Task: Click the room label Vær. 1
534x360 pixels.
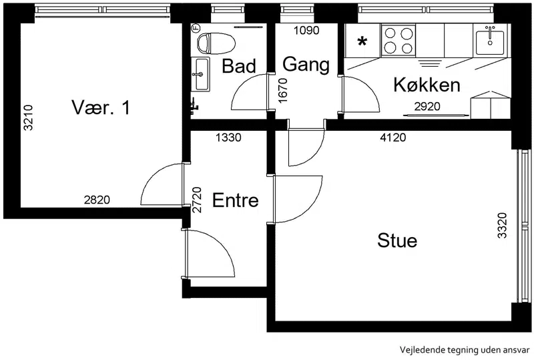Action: pyautogui.click(x=101, y=108)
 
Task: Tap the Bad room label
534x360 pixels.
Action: pyautogui.click(x=239, y=66)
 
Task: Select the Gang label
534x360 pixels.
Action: pyautogui.click(x=306, y=64)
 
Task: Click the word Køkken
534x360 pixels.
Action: pyautogui.click(x=427, y=85)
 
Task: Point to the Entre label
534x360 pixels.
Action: pyautogui.click(x=236, y=200)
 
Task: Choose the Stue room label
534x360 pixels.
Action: pyautogui.click(x=397, y=240)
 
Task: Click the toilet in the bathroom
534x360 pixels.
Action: pyautogui.click(x=216, y=43)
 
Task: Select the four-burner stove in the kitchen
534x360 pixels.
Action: pyautogui.click(x=398, y=40)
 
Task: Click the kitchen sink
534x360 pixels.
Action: pyautogui.click(x=490, y=40)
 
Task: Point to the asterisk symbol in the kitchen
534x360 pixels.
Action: pyautogui.click(x=362, y=42)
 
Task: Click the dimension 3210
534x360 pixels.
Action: pyautogui.click(x=28, y=118)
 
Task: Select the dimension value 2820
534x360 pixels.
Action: pyautogui.click(x=97, y=200)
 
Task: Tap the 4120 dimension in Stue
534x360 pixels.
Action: pyautogui.click(x=393, y=138)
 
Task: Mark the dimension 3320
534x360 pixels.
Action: pyautogui.click(x=503, y=225)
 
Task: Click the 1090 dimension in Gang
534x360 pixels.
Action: pyautogui.click(x=306, y=30)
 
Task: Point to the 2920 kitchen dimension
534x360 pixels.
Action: pyautogui.click(x=427, y=107)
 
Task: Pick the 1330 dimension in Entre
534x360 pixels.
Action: pyautogui.click(x=228, y=138)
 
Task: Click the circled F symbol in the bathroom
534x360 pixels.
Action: pyautogui.click(x=196, y=27)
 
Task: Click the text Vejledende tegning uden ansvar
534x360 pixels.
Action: pyautogui.click(x=465, y=350)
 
